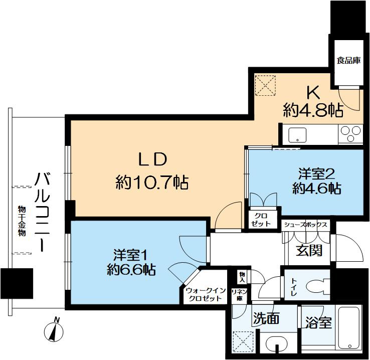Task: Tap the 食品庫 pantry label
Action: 348,60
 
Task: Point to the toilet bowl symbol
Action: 317,287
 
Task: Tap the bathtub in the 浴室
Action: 349,327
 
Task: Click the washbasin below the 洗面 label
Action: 276,344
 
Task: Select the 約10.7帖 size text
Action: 152,183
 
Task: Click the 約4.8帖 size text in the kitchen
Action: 313,110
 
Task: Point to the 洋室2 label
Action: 317,174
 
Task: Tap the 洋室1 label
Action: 131,255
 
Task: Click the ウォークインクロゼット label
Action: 206,294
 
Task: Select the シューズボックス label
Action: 306,224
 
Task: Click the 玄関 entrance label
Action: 309,251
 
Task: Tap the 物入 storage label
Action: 242,277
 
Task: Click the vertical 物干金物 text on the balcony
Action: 22,221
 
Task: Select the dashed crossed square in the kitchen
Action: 266,85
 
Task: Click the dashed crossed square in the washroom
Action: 243,342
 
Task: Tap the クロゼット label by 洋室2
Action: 261,220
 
